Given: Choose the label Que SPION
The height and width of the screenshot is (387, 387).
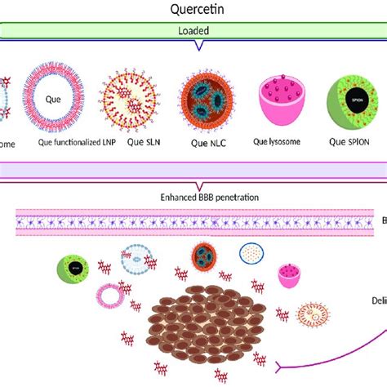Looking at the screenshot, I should coord(354,142).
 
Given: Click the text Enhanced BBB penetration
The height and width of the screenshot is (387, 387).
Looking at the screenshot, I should coord(193,197).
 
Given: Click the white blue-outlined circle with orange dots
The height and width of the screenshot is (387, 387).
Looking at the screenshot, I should coord(253,255).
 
